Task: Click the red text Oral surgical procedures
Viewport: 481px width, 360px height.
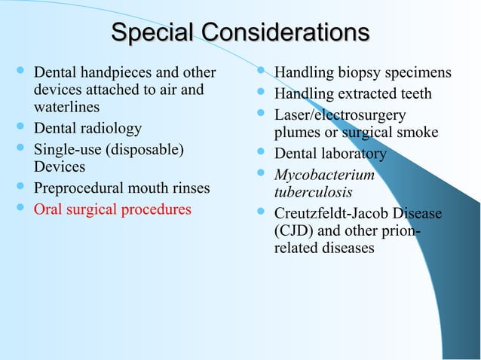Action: [x=112, y=209]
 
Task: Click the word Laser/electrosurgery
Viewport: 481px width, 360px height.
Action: [x=339, y=115]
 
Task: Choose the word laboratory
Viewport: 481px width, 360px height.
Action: [x=352, y=154]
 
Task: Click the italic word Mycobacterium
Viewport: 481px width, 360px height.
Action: [x=324, y=175]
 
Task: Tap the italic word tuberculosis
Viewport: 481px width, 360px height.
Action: [x=313, y=192]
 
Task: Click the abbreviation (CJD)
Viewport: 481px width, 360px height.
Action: [x=295, y=230]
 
